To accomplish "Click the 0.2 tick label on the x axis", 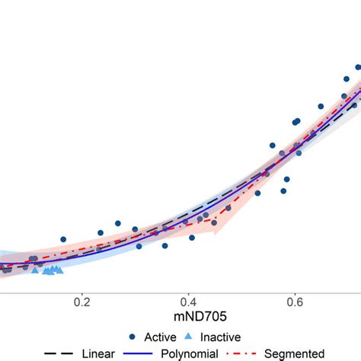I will coord(81,301).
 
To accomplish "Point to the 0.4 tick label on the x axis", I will coord(187,301).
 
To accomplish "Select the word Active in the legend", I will coord(160,337).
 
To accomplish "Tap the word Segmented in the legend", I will coord(292,353).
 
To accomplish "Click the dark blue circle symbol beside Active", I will coord(133,337).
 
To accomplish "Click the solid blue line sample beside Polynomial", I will coord(138,353).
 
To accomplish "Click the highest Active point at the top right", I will coord(357,67).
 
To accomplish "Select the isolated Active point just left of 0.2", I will coord(63,239).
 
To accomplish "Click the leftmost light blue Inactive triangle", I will coord(35,270).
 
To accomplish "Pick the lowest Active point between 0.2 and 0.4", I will coord(165,245).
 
